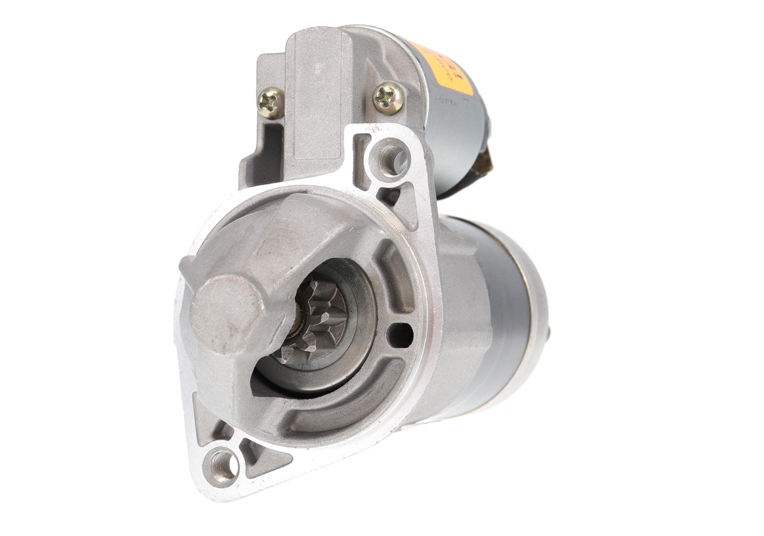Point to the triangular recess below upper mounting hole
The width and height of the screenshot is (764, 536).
point(390,196)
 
